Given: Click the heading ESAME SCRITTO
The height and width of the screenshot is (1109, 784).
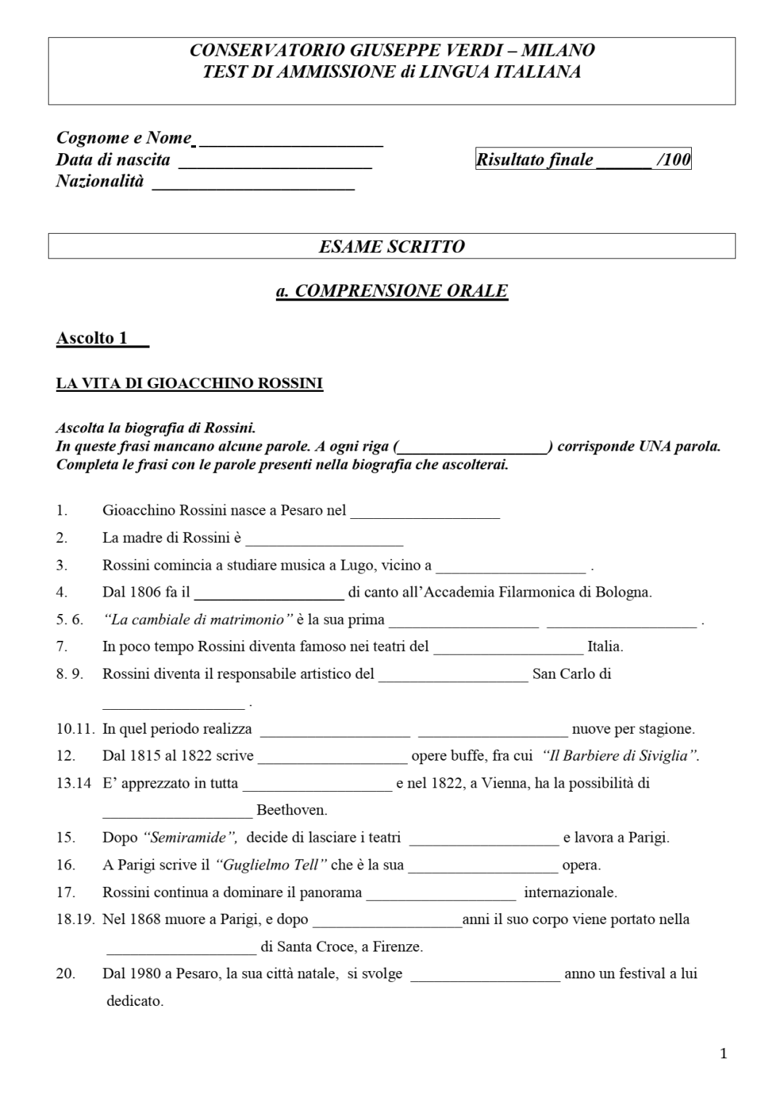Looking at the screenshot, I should [391, 246].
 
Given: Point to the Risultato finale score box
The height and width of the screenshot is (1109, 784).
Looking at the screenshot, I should [583, 160].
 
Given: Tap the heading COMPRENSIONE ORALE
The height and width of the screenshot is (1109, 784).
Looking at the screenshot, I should [392, 291].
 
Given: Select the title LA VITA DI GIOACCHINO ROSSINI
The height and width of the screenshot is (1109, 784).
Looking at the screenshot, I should [189, 383].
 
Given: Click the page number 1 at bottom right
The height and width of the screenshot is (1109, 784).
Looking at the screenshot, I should [723, 1054].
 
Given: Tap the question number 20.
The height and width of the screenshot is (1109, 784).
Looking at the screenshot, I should [65, 974].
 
